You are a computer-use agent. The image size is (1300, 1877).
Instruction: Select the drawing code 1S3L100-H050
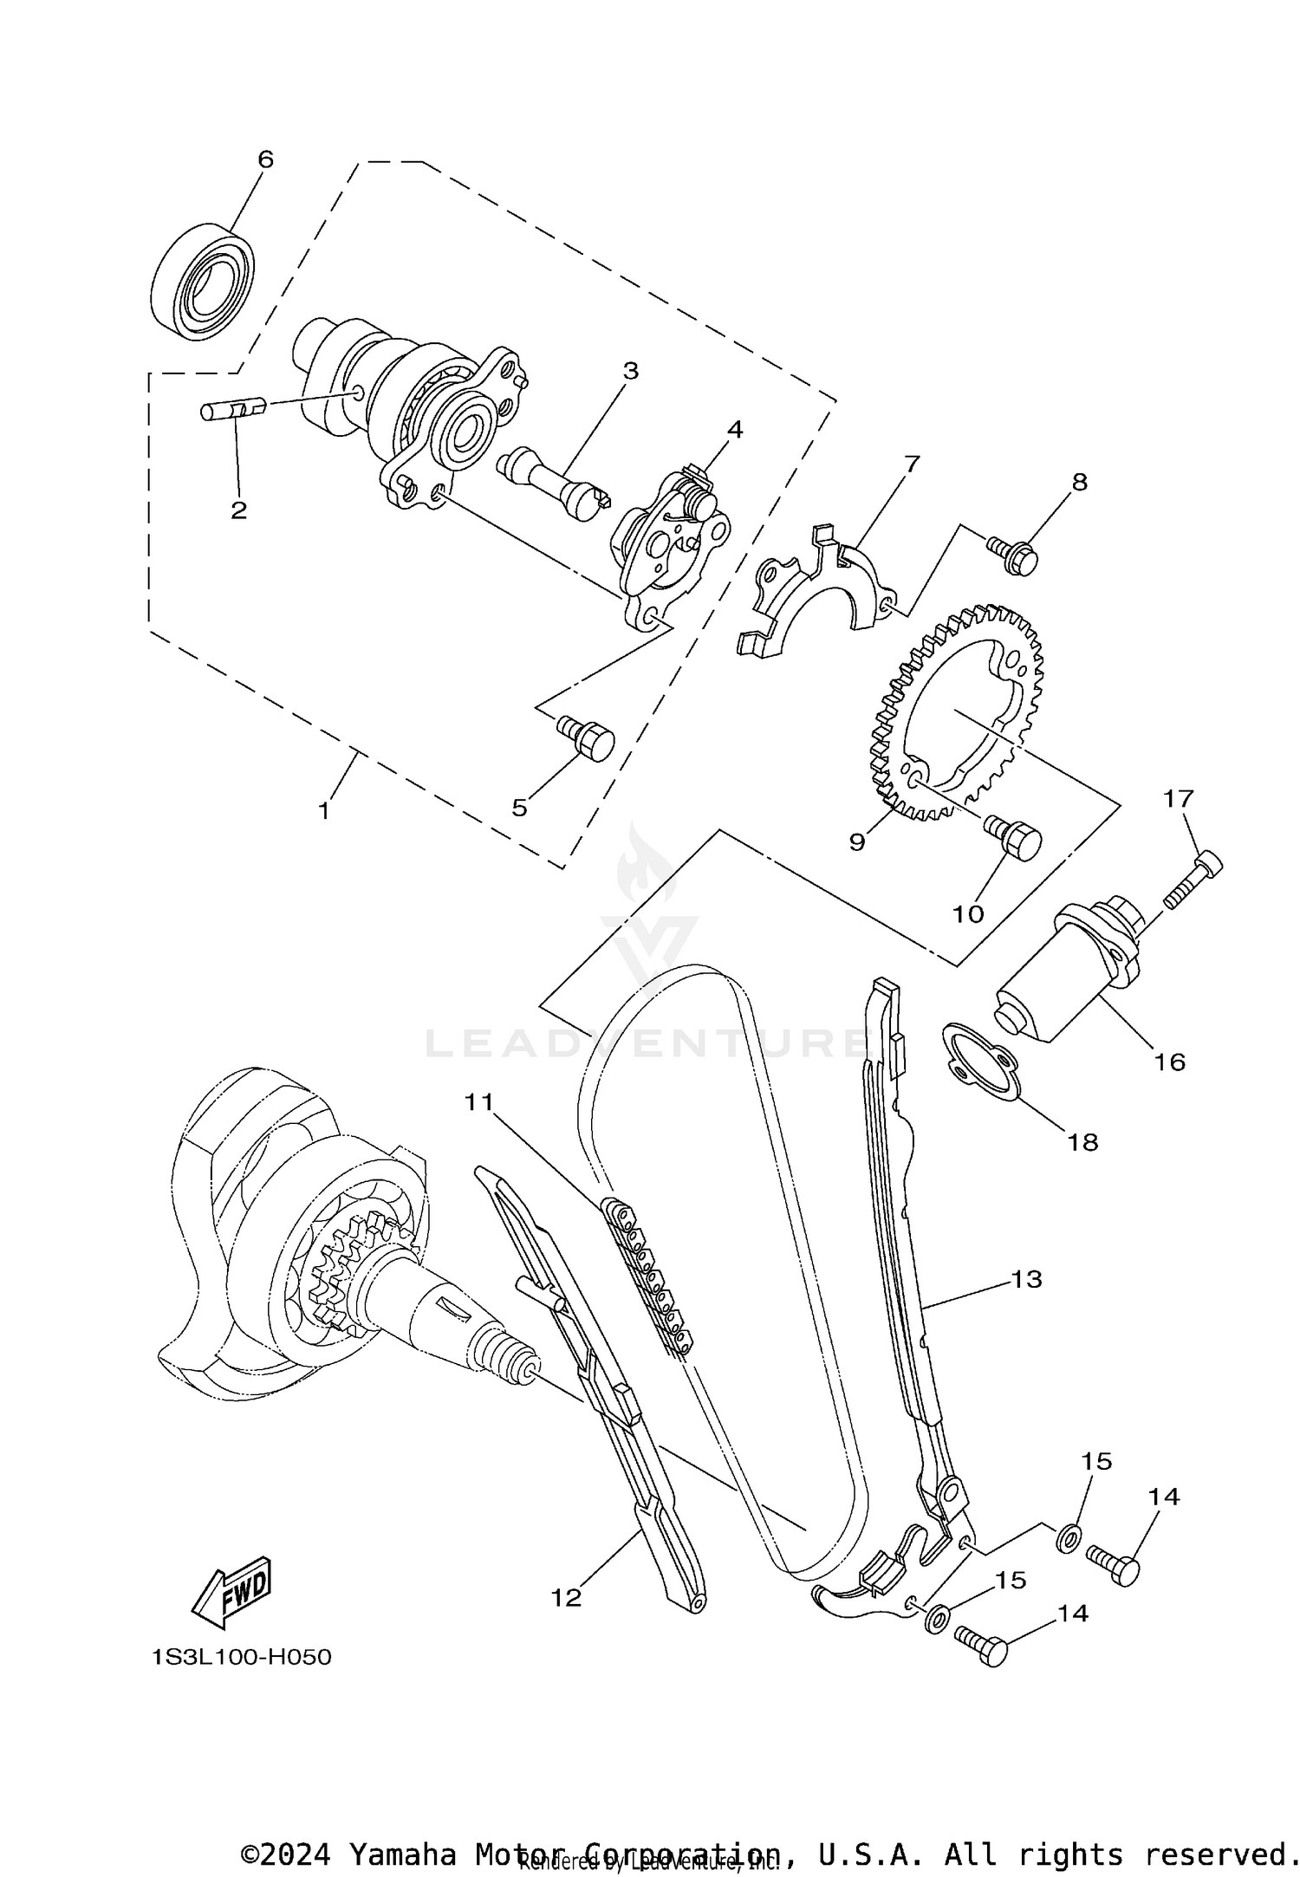click(241, 1657)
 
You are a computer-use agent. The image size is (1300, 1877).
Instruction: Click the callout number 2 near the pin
click(238, 510)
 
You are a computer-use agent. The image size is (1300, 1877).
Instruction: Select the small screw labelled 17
click(1194, 880)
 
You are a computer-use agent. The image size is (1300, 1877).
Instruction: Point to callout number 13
click(1026, 1278)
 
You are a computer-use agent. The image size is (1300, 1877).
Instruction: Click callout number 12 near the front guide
click(567, 1598)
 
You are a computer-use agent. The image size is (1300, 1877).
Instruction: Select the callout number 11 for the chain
click(478, 1101)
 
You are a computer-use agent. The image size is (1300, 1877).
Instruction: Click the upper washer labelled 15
click(1068, 1538)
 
